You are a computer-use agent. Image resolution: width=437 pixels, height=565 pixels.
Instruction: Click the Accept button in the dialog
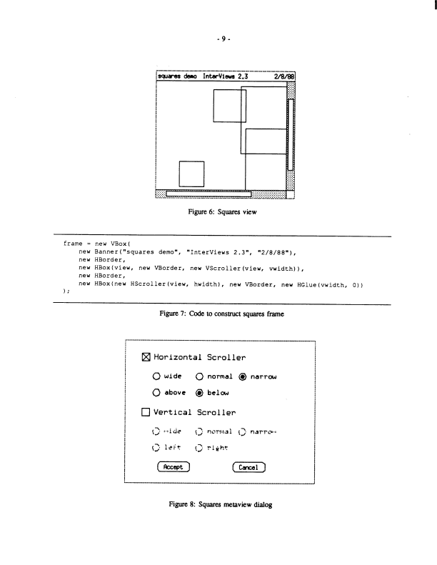[x=174, y=468]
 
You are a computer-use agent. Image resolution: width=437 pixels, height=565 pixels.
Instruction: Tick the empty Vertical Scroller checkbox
[x=146, y=412]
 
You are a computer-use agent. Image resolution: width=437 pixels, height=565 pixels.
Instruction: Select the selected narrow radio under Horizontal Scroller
[x=244, y=376]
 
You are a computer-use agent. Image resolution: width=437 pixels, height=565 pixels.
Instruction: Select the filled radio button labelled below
[x=200, y=392]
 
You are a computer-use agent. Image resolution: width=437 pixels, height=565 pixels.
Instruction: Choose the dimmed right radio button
[x=200, y=448]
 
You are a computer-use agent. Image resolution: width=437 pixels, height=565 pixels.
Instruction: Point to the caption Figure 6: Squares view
[x=218, y=212]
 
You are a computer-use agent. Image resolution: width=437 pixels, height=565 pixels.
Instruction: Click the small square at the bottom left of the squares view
[x=191, y=174]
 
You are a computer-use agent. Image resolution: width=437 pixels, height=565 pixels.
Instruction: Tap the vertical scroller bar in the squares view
[x=291, y=134]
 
